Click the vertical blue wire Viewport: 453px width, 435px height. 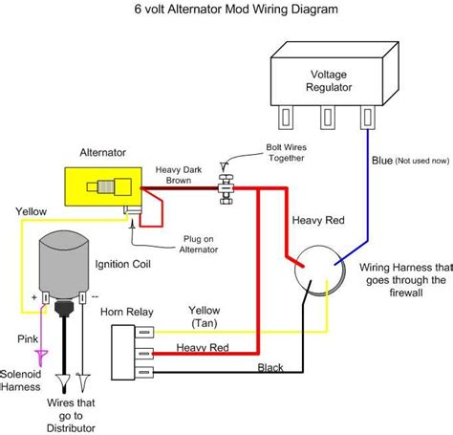(x=369, y=191)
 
